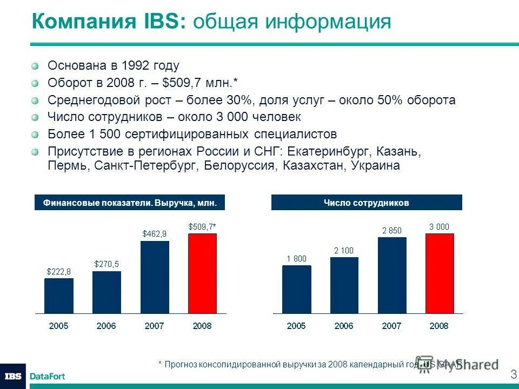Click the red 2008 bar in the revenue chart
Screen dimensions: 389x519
tap(202, 273)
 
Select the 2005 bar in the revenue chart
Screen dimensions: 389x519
tap(58, 296)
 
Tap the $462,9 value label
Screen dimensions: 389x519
tap(154, 233)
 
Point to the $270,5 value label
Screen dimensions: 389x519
tap(107, 264)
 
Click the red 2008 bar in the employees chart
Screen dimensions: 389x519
tap(439, 273)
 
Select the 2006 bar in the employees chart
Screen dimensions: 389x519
tap(344, 285)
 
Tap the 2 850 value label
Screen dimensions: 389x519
tap(392, 230)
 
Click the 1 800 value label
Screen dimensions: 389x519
tap(296, 258)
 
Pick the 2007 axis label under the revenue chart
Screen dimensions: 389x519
tap(154, 326)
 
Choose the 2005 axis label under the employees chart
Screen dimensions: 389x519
tap(296, 326)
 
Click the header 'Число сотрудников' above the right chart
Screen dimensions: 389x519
tap(366, 203)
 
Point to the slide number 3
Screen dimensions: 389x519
tap(513, 374)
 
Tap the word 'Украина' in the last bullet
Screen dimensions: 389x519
tap(376, 165)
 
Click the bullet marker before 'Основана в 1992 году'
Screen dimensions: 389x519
tap(35, 66)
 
